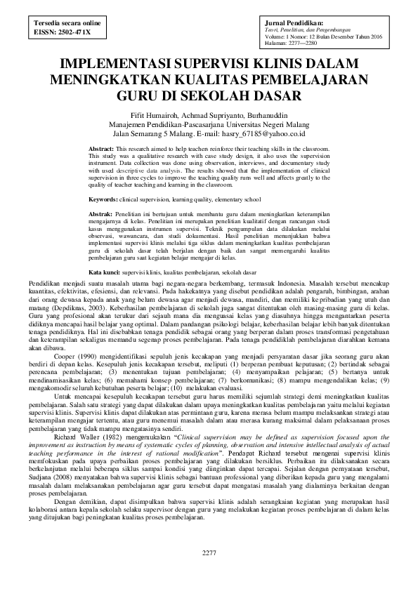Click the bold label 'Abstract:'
coord(102,150)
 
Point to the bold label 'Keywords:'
coord(104,200)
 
